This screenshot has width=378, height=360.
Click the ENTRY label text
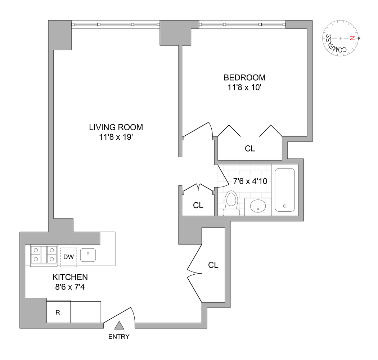[119, 337]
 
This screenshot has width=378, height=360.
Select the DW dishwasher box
[69, 257]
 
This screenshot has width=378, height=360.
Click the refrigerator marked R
[58, 312]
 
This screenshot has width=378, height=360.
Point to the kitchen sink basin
[88, 255]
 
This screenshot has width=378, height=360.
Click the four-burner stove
[44, 255]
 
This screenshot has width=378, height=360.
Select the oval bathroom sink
[258, 206]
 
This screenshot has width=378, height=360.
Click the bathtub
[285, 190]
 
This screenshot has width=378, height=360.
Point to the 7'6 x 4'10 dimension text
[250, 181]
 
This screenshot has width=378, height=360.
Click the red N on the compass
[352, 38]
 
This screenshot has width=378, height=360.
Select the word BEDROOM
[244, 78]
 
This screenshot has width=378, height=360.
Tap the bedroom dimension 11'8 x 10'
[244, 87]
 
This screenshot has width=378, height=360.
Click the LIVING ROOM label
[116, 127]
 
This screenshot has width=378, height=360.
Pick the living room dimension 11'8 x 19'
[116, 137]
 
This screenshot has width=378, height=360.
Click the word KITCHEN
[70, 277]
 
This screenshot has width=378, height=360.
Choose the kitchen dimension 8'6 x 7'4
[70, 287]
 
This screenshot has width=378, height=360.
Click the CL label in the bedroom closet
[250, 149]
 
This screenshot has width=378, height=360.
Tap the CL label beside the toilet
[198, 205]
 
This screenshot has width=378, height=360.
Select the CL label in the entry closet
[213, 265]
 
